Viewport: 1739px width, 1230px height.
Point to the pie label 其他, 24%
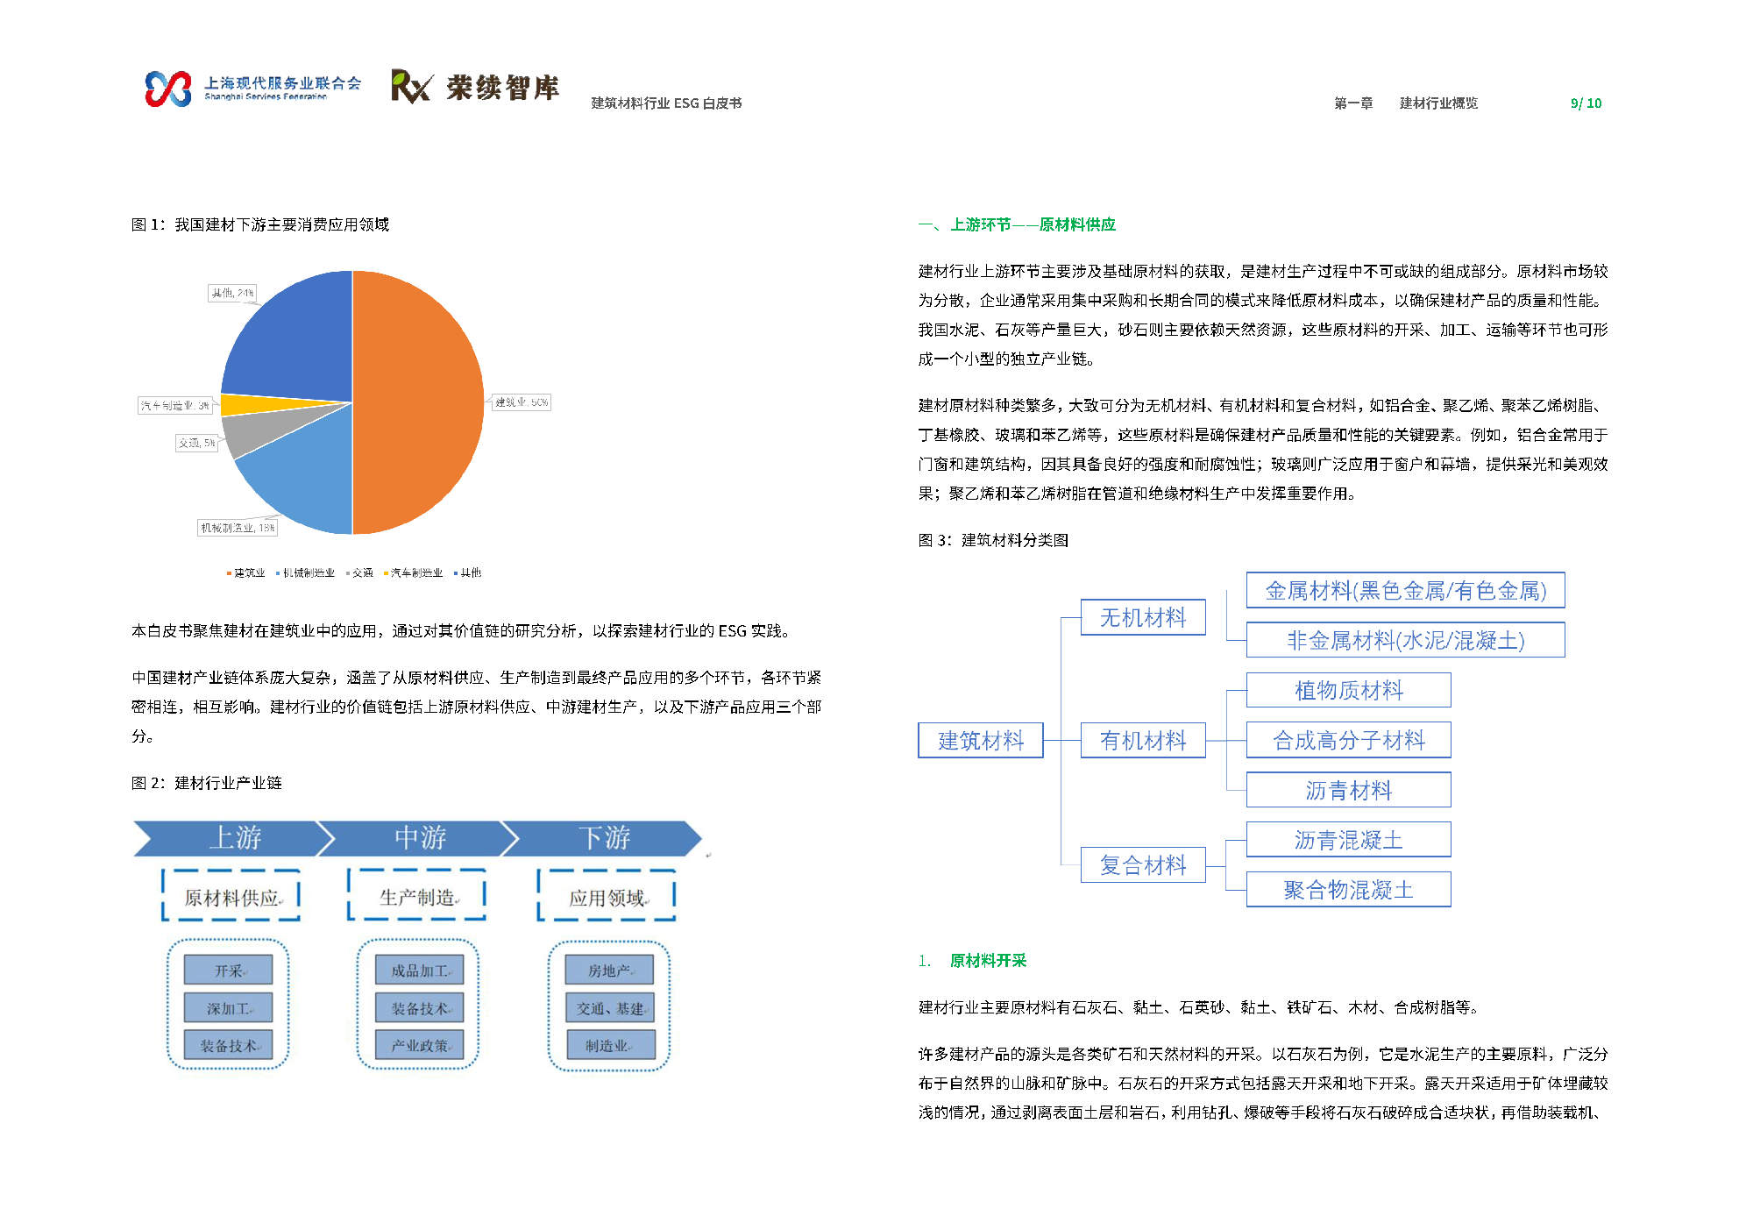pos(232,293)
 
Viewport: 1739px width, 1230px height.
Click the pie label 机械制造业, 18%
pos(237,528)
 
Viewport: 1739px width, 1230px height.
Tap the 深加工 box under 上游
pos(228,1008)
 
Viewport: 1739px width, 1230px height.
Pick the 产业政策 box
pos(419,1045)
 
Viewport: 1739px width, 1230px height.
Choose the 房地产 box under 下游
pos(609,970)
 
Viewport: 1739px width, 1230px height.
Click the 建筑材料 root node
pos(980,741)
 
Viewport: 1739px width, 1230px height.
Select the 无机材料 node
pos(1142,618)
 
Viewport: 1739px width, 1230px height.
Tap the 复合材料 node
pos(1142,865)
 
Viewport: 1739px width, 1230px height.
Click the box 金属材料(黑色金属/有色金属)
pos(1405,591)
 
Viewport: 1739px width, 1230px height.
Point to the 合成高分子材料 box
pos(1348,741)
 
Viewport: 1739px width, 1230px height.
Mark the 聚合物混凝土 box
pos(1348,890)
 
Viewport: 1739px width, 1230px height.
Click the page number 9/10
pos(1586,103)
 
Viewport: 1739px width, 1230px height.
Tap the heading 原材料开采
pos(988,961)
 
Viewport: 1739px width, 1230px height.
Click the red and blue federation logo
pos(168,89)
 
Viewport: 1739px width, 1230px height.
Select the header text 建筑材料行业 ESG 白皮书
pos(666,103)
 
